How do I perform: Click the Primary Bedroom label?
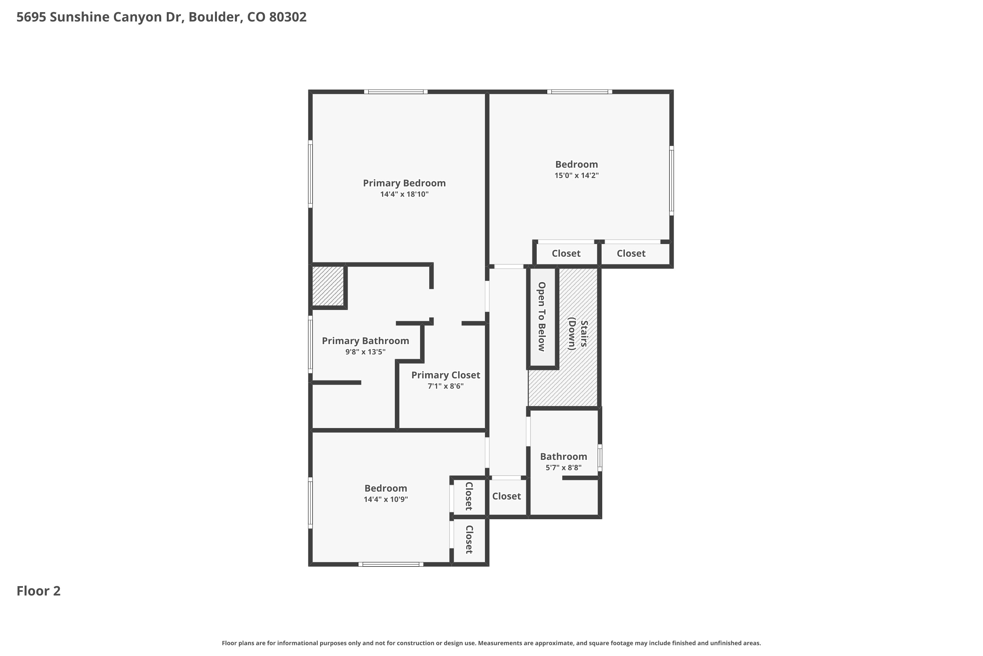[x=404, y=183]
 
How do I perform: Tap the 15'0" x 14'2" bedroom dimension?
[x=576, y=175]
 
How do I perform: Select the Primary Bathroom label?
[x=365, y=341]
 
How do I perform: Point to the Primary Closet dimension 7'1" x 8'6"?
[x=446, y=386]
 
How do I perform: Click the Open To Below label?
[x=542, y=317]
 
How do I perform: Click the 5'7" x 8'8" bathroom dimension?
[x=563, y=468]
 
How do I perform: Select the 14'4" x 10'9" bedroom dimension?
[x=386, y=499]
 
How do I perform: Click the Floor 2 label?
[x=38, y=591]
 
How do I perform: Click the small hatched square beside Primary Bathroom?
[x=328, y=286]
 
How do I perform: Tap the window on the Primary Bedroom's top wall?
[x=395, y=92]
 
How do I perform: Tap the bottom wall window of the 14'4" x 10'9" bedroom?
[x=391, y=564]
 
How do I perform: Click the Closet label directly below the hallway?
[x=506, y=496]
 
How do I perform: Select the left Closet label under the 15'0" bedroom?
[x=566, y=254]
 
